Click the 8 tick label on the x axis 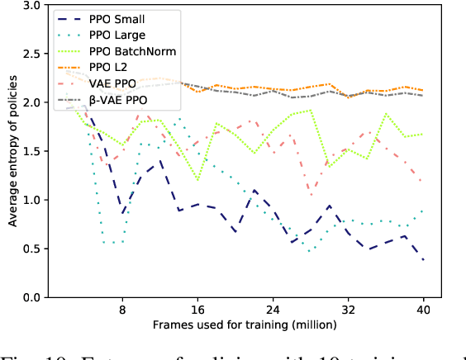(x=122, y=310)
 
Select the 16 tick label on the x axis (x=197, y=310)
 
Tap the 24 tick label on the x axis (x=273, y=310)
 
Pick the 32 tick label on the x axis (x=349, y=310)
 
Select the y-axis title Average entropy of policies (x=12, y=151)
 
